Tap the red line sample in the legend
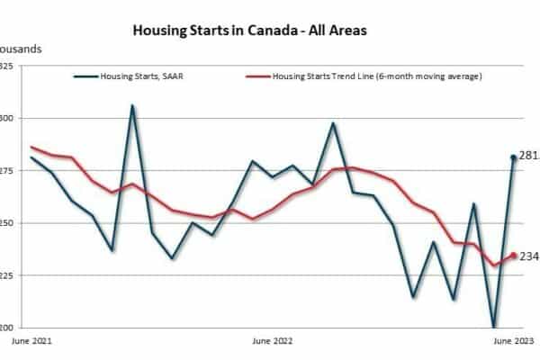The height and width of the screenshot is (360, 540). point(258,76)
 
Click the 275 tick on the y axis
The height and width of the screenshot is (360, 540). point(5,171)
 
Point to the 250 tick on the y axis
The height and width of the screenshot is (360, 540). point(5,223)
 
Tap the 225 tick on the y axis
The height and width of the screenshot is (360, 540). point(5,275)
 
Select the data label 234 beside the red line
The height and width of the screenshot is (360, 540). point(529,256)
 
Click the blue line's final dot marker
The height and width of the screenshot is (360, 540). point(514,157)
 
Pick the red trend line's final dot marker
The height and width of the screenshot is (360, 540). point(514,256)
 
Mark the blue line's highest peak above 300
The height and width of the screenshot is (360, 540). point(132,105)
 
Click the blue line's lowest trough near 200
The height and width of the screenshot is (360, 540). point(494,327)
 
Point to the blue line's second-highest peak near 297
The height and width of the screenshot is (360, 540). point(333,123)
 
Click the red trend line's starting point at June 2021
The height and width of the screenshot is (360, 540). point(31,147)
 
